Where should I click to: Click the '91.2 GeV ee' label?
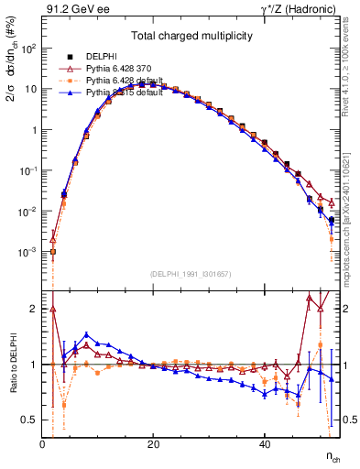(x=76, y=12)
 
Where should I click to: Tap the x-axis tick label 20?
(x=153, y=443)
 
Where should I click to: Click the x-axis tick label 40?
(x=264, y=443)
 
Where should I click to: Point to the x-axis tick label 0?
(x=42, y=443)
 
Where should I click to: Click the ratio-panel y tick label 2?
(x=33, y=309)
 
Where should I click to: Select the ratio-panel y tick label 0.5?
(x=28, y=420)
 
